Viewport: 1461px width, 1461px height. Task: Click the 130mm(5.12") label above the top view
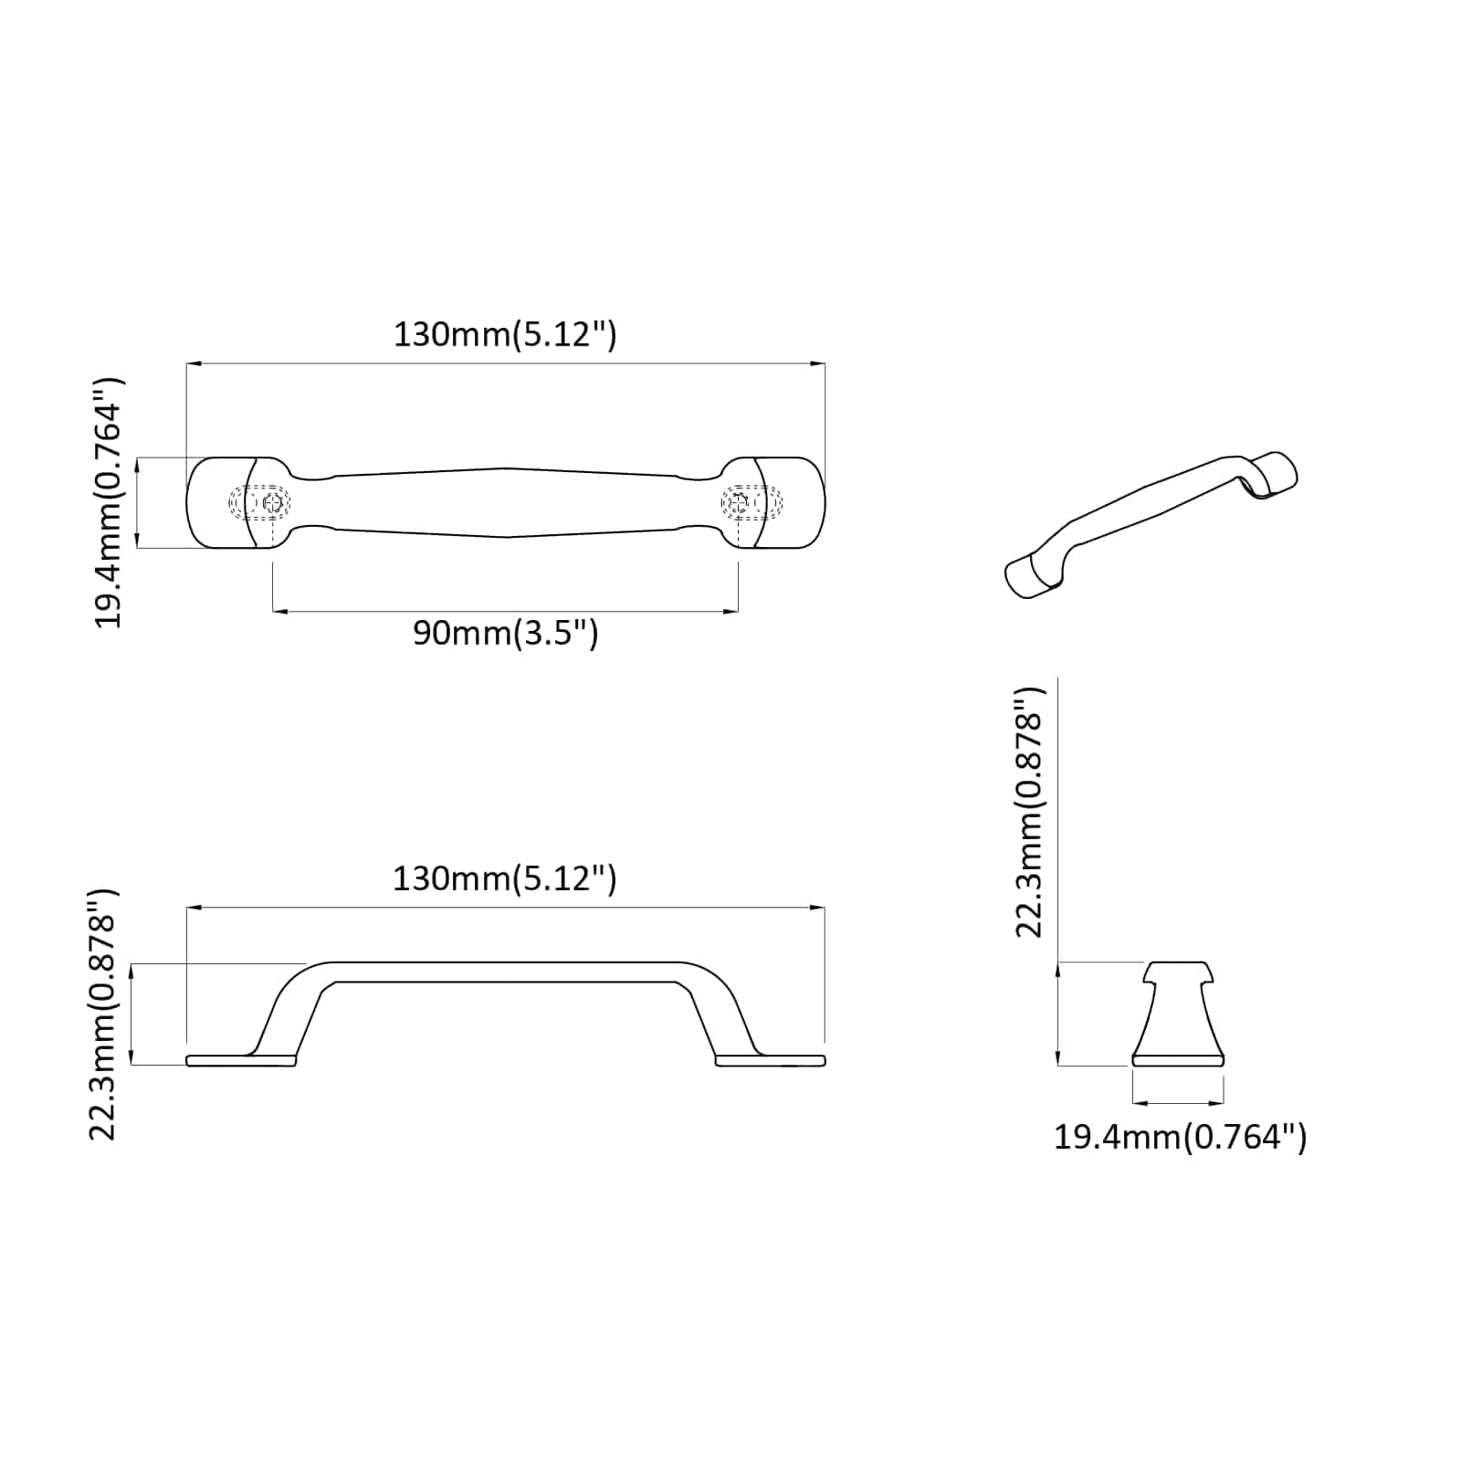click(505, 335)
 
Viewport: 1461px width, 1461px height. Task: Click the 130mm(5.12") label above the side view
click(505, 879)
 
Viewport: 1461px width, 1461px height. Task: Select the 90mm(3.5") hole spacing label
click(505, 633)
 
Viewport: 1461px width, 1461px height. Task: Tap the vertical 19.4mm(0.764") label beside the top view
click(109, 502)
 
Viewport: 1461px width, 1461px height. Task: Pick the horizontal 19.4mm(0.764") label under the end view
click(1180, 1138)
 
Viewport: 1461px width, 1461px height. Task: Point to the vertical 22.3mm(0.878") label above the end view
click(1029, 813)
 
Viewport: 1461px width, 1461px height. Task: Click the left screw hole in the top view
click(269, 502)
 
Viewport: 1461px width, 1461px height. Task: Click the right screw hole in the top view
click(740, 502)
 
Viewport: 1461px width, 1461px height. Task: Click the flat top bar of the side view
click(506, 972)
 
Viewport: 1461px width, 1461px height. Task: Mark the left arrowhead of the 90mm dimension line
click(279, 611)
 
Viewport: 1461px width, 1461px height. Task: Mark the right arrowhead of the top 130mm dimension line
click(820, 363)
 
